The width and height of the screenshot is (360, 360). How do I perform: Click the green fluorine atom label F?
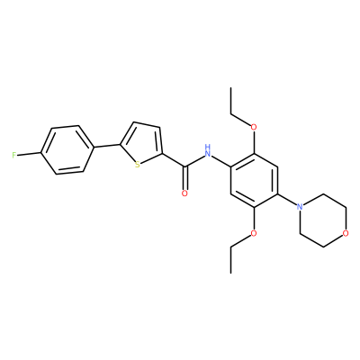pyautogui.click(x=13, y=155)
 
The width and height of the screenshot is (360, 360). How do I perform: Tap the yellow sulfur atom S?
pyautogui.click(x=138, y=165)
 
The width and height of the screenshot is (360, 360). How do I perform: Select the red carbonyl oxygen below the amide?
pyautogui.click(x=184, y=193)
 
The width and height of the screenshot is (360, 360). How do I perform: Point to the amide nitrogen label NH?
pyautogui.click(x=207, y=151)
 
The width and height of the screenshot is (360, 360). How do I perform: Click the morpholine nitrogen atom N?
pyautogui.click(x=299, y=207)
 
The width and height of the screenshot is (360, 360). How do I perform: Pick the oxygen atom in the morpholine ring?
pyautogui.click(x=346, y=233)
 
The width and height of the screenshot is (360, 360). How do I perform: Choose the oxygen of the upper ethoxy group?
pyautogui.click(x=254, y=127)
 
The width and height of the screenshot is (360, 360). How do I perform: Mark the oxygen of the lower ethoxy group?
pyautogui.click(x=254, y=233)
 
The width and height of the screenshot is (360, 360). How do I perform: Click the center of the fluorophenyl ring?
pyautogui.click(x=67, y=149)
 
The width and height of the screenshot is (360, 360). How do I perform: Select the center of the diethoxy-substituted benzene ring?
pyautogui.click(x=254, y=180)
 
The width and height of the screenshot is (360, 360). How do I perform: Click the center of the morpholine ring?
pyautogui.click(x=322, y=220)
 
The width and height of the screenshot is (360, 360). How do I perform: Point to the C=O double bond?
pyautogui.click(x=185, y=178)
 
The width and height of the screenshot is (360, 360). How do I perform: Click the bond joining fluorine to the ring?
pyautogui.click(x=29, y=154)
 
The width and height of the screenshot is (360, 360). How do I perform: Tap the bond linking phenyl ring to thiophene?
pyautogui.click(x=105, y=146)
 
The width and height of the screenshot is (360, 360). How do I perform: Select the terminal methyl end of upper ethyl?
pyautogui.click(x=230, y=87)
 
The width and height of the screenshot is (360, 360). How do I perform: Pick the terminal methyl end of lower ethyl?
pyautogui.click(x=230, y=273)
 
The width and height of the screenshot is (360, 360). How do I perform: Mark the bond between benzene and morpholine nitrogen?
pyautogui.click(x=286, y=200)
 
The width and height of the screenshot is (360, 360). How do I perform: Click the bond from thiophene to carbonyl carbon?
pyautogui.click(x=175, y=160)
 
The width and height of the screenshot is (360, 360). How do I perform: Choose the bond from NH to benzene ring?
pyautogui.click(x=221, y=162)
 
